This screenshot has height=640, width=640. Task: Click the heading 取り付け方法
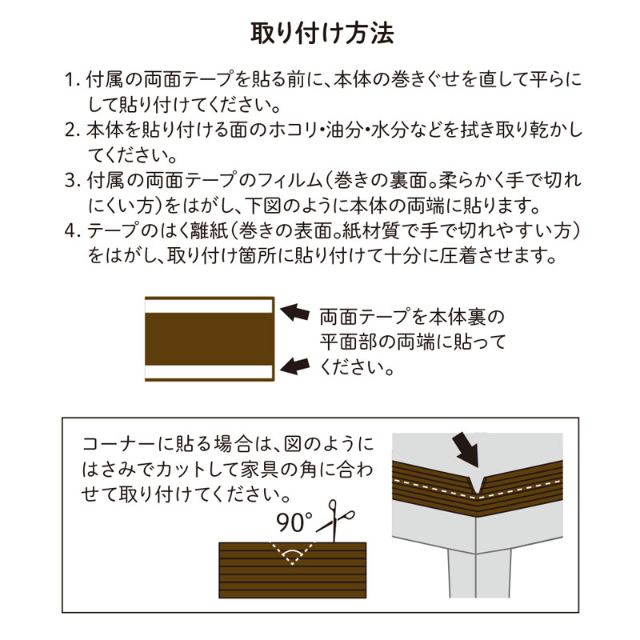pyautogui.click(x=322, y=34)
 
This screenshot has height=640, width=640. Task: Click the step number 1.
pyautogui.click(x=73, y=79)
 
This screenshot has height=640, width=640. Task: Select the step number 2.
pyautogui.click(x=73, y=130)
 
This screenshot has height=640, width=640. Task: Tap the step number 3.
pyautogui.click(x=73, y=181)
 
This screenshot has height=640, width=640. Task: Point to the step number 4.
pyautogui.click(x=73, y=231)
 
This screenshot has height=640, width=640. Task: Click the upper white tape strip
pyautogui.click(x=209, y=306)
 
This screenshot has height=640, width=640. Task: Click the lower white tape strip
pyautogui.click(x=209, y=372)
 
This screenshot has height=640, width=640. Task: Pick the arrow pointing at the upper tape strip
pyautogui.click(x=294, y=312)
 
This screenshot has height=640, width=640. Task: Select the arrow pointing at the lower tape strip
pyautogui.click(x=294, y=366)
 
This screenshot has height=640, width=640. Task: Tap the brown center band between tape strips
pyautogui.click(x=210, y=339)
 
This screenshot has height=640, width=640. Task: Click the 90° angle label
pyautogui.click(x=294, y=522)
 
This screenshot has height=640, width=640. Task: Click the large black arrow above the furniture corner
pyautogui.click(x=465, y=450)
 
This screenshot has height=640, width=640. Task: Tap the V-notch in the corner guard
pyautogui.click(x=476, y=485)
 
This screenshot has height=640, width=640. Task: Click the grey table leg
pyautogui.click(x=479, y=574)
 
